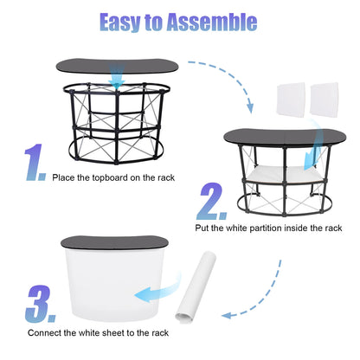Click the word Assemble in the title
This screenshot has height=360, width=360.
click(x=212, y=22)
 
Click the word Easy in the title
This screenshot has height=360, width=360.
click(x=120, y=22)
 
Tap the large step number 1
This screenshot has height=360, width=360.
click(x=35, y=163)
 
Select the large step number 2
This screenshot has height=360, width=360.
click(x=212, y=201)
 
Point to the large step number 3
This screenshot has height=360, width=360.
click(x=41, y=304)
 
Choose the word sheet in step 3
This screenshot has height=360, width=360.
click(x=113, y=333)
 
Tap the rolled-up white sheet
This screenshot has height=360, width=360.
click(x=196, y=287)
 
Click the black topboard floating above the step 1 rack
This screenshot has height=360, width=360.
click(x=117, y=67)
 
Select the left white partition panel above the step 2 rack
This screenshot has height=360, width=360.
click(x=291, y=100)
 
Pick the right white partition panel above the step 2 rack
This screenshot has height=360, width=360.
click(x=324, y=100)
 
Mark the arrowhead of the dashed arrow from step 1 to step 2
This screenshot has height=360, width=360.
click(x=250, y=108)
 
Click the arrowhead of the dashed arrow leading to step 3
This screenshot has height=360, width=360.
click(x=228, y=315)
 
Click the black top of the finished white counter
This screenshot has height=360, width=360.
click(x=114, y=242)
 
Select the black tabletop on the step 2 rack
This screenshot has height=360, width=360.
click(x=285, y=137)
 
